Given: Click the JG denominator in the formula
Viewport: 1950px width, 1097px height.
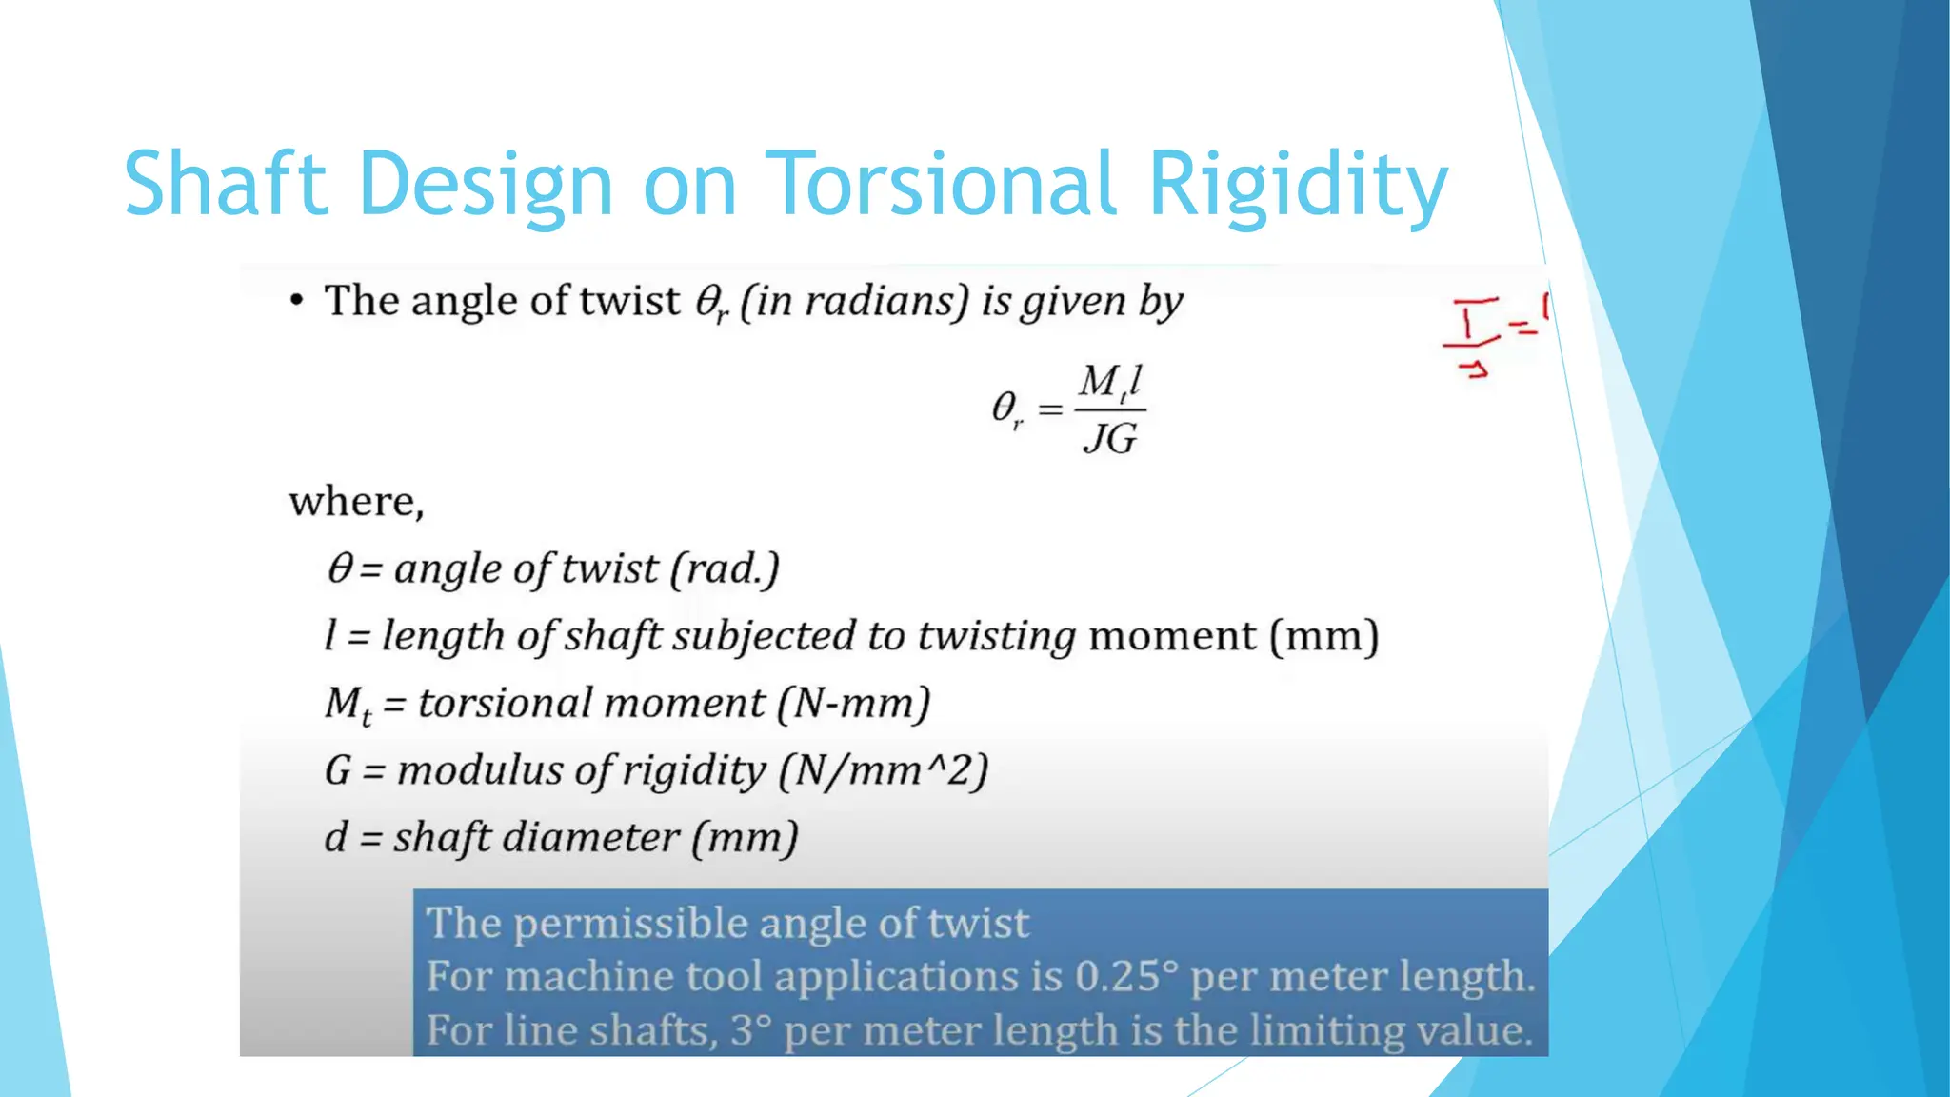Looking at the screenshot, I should [1110, 439].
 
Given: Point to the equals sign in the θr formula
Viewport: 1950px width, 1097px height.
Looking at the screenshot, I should [1049, 409].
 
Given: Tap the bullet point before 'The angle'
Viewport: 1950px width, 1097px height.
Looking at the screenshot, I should [297, 301].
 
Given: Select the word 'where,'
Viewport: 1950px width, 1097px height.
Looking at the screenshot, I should [356, 501].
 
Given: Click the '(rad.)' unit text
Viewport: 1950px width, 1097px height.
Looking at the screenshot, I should [725, 568].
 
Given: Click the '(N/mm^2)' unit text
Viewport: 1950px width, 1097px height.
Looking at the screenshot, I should [883, 770].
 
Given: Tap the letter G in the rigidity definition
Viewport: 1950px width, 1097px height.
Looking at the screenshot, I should [338, 770].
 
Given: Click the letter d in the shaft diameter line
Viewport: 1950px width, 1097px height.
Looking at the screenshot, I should [335, 837].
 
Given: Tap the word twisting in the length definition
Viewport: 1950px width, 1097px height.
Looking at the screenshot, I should [996, 636].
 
